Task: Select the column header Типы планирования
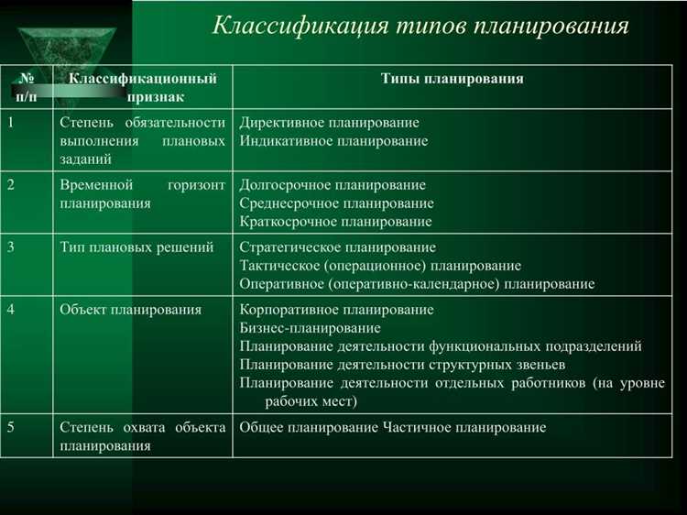click(452, 79)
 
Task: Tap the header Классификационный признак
click(143, 87)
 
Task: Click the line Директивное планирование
click(329, 123)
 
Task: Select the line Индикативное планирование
click(333, 141)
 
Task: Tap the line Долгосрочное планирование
click(333, 185)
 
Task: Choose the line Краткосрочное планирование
click(335, 221)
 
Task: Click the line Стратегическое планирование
click(337, 247)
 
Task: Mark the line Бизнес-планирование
click(310, 327)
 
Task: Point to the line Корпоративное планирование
click(336, 310)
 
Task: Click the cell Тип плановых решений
click(136, 247)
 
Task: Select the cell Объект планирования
click(130, 310)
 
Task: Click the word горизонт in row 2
click(196, 185)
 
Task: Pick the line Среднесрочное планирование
click(336, 203)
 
